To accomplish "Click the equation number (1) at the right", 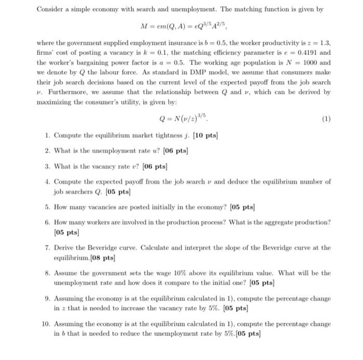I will pos(326,118).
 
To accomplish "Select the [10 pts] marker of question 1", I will pos(204,136).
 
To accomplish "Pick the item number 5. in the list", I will pos(47,208).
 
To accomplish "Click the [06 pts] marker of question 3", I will pos(154,166).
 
